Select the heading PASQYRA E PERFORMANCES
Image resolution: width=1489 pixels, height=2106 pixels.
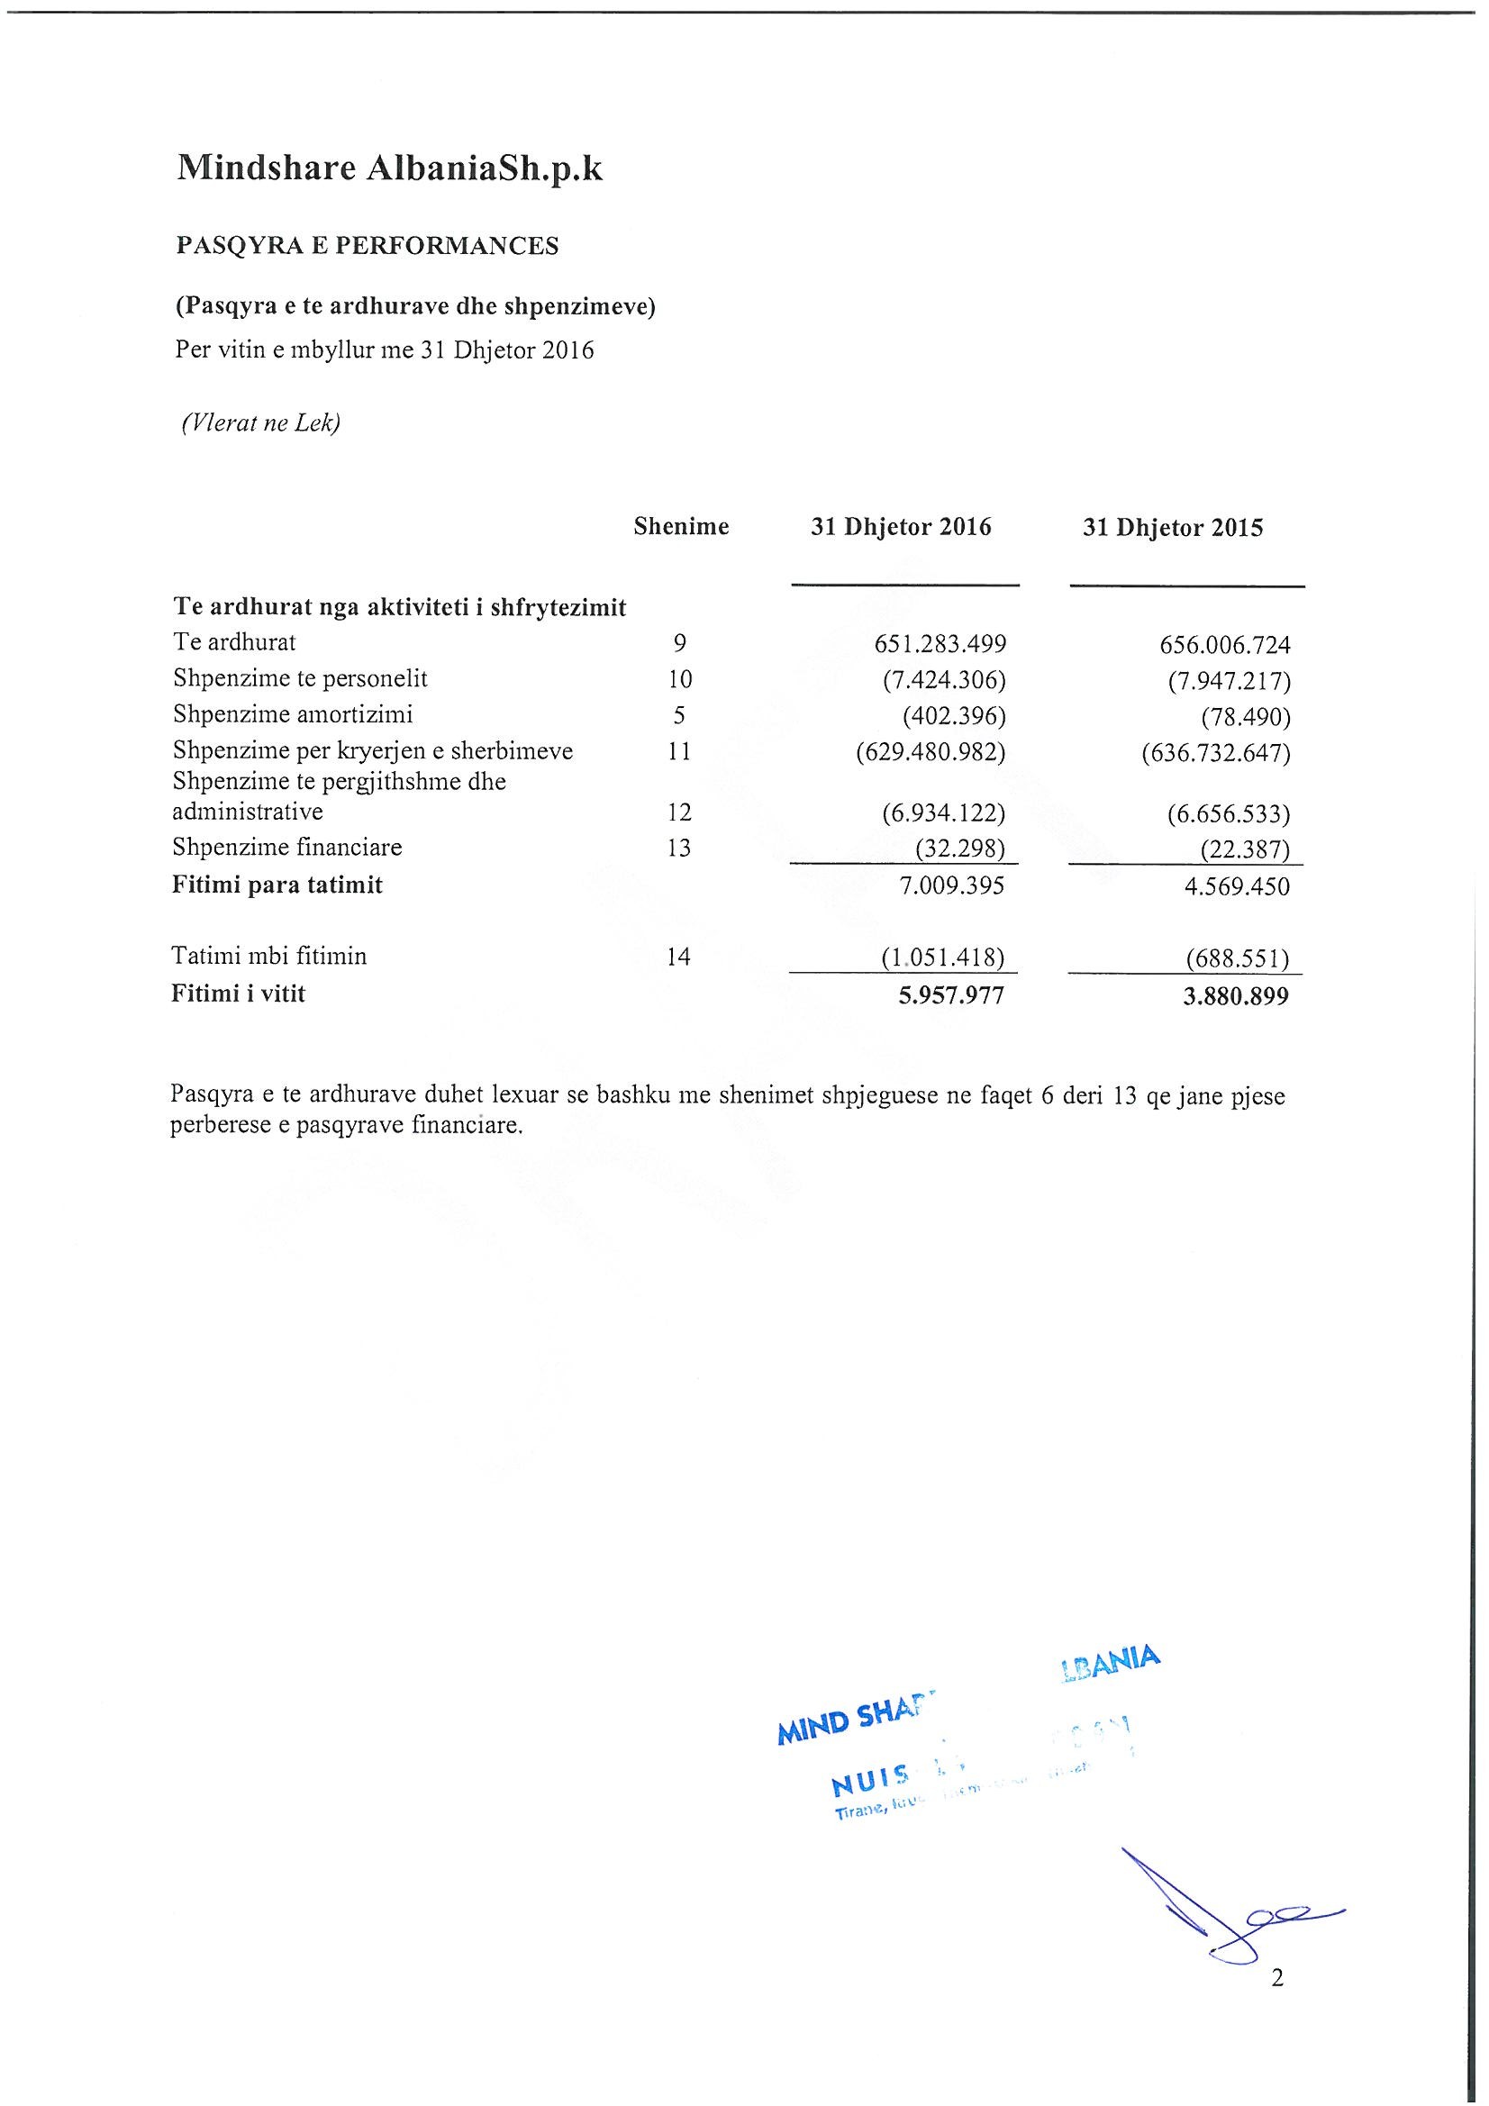coord(367,247)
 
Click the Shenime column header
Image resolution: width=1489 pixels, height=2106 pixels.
coord(681,526)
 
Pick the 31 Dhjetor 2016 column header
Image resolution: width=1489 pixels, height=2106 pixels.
coord(901,528)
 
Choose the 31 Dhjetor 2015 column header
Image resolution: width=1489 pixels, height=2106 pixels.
coord(1173,529)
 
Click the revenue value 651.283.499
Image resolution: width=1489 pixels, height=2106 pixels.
coord(940,644)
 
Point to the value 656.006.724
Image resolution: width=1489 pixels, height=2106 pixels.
coord(1225,645)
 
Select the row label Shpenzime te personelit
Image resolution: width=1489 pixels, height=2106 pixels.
coord(300,679)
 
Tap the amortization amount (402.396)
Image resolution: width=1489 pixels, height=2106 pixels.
coord(954,715)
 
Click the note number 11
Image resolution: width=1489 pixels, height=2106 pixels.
coord(680,752)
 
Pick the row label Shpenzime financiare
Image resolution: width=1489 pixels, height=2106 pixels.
coord(287,848)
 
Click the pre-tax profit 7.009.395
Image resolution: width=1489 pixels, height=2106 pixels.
coord(952,886)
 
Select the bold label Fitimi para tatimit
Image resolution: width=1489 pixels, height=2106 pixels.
coord(277,885)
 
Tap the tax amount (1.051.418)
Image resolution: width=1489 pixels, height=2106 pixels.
coord(943,958)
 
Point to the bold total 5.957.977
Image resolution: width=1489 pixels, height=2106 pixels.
coord(951,995)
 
